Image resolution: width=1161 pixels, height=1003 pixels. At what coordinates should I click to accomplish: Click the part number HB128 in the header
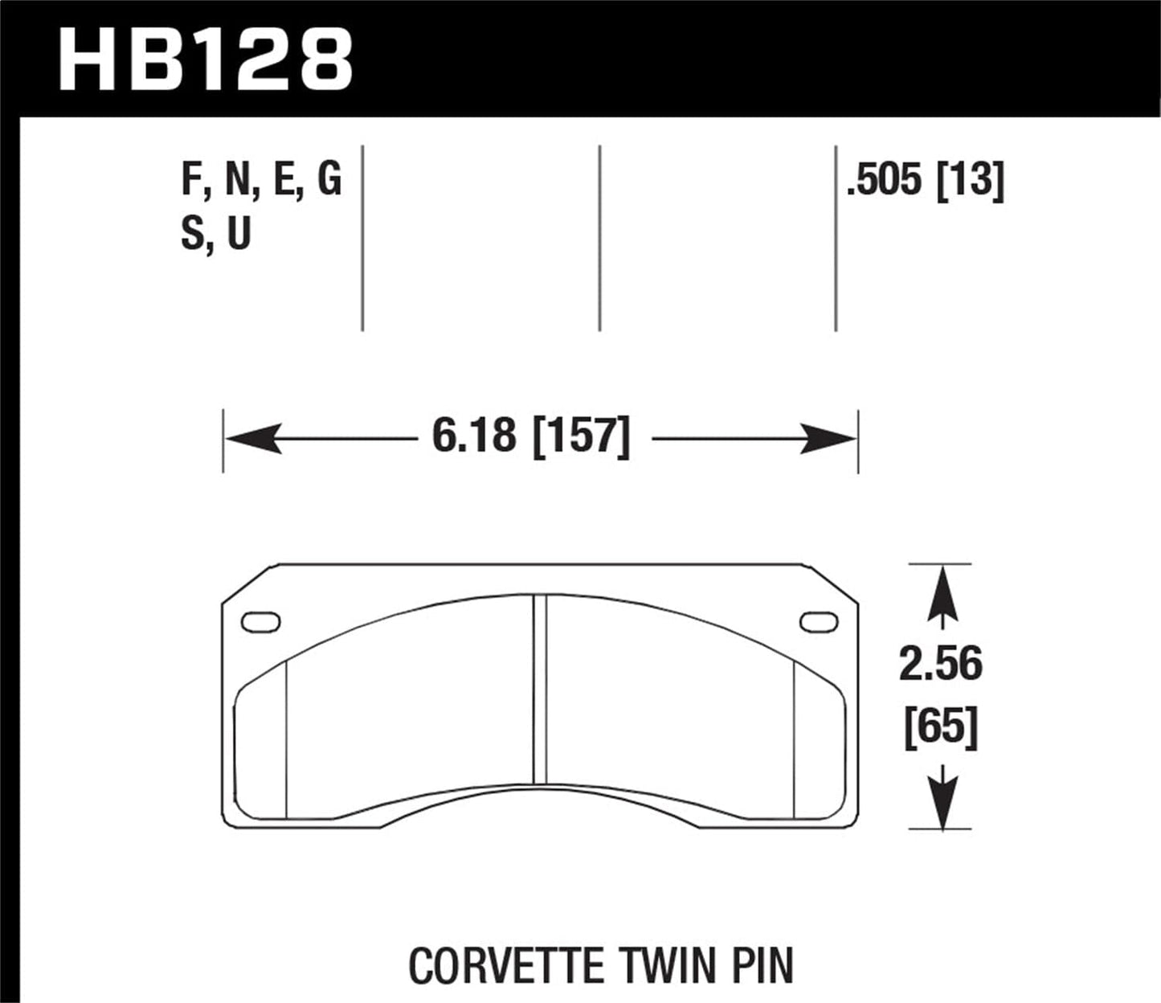[206, 59]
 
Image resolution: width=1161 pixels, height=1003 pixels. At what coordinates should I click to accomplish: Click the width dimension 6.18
[473, 437]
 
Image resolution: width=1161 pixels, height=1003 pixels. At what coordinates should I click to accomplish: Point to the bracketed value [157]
[581, 437]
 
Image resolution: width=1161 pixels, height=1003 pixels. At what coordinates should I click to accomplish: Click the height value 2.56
[940, 665]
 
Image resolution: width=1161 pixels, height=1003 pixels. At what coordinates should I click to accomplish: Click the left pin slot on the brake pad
[260, 622]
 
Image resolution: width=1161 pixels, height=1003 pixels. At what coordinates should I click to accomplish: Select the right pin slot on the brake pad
[819, 621]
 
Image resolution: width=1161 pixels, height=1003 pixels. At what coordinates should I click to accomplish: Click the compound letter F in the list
[191, 180]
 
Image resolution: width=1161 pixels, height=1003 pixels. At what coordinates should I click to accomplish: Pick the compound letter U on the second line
[239, 234]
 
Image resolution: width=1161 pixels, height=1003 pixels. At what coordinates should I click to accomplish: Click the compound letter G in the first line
[329, 180]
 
